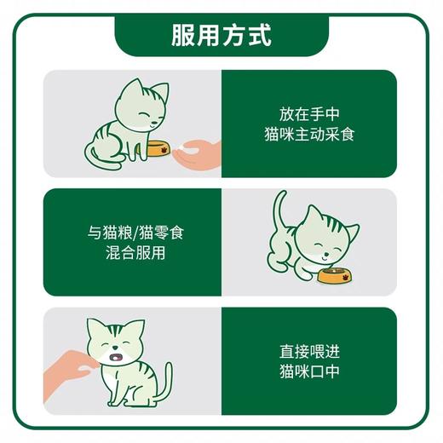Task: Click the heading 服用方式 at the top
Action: pyautogui.click(x=221, y=37)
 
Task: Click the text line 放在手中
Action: pyautogui.click(x=308, y=114)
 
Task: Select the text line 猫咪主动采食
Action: pyautogui.click(x=308, y=134)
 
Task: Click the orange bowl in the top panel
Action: pyautogui.click(x=157, y=149)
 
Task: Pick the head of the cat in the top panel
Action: pyautogui.click(x=141, y=104)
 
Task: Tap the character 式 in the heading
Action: pyautogui.click(x=261, y=37)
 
